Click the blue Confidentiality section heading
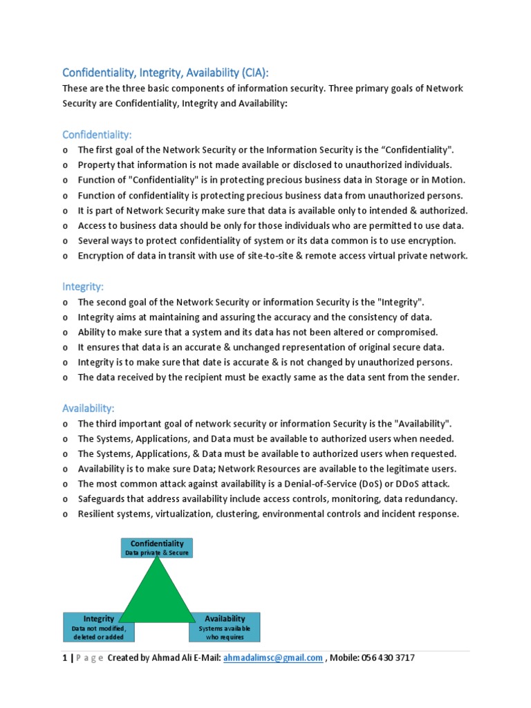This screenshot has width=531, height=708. point(97,133)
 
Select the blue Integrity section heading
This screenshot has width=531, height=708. point(82,286)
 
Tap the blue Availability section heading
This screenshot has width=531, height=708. point(88,409)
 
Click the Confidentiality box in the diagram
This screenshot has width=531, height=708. point(157,548)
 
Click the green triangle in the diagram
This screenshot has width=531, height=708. point(157,595)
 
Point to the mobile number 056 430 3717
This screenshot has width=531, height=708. point(386,658)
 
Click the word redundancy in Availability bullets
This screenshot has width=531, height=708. point(432,499)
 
